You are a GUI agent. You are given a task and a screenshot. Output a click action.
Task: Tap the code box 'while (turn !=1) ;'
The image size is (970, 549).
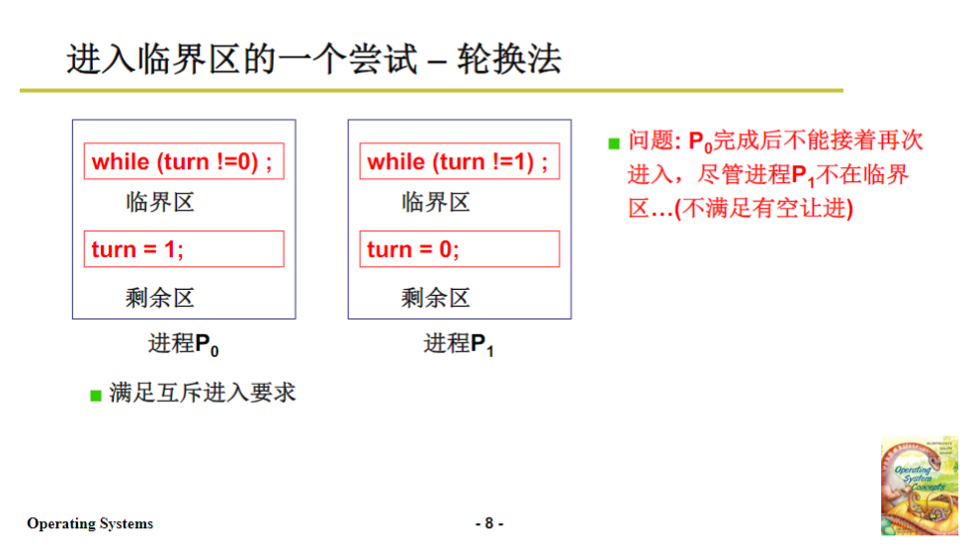(x=458, y=162)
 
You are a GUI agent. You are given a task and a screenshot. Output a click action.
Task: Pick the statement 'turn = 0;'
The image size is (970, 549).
(x=458, y=249)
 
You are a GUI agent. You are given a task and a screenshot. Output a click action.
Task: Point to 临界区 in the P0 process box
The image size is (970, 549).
(x=160, y=203)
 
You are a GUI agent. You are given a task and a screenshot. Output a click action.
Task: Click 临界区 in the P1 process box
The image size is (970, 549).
(x=435, y=203)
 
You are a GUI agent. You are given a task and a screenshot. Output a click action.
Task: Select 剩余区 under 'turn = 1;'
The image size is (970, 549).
(x=160, y=297)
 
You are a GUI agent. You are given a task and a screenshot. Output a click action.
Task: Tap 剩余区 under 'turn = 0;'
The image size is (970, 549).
(x=435, y=297)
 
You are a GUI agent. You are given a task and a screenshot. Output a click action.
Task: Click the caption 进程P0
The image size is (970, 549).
(x=183, y=344)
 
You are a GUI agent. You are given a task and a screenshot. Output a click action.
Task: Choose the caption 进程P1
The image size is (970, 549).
(x=459, y=344)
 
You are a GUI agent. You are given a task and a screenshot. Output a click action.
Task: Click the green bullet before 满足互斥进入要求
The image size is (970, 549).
(x=96, y=396)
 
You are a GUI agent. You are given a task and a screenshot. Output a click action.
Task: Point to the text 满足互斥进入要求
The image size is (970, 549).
(x=202, y=393)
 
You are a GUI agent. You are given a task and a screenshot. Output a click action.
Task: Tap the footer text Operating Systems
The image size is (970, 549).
(x=90, y=523)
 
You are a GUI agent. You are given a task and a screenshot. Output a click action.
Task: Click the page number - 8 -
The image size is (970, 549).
(x=488, y=523)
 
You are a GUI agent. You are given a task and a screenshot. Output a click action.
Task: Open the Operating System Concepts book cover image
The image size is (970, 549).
(x=919, y=485)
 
